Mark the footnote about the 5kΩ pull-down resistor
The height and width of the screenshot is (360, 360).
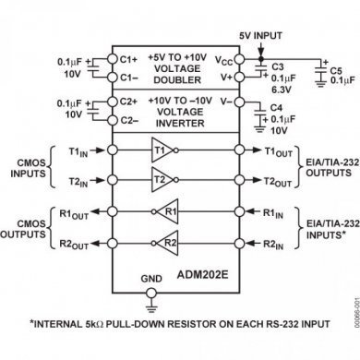tap(178, 325)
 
